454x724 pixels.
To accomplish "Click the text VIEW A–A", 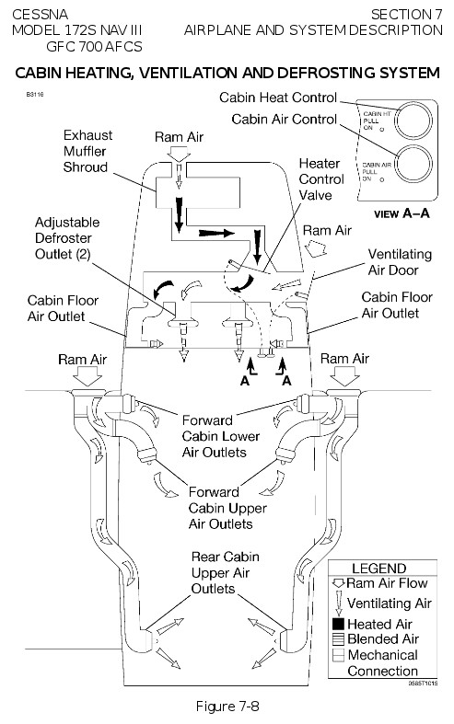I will coord(402,213).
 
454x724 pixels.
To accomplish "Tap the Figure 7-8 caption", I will coord(227,705).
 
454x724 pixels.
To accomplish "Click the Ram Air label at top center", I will coord(180,136).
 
